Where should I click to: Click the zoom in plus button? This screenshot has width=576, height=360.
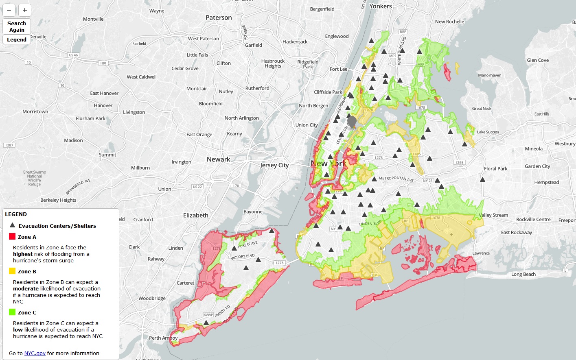[25, 10]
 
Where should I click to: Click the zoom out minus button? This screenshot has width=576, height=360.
[9, 10]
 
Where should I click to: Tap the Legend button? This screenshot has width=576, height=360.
[17, 39]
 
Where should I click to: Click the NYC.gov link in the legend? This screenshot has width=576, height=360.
[35, 353]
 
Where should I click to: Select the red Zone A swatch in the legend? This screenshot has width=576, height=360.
[12, 236]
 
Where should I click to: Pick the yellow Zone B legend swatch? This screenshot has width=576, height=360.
[12, 271]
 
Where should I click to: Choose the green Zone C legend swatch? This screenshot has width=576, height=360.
[12, 312]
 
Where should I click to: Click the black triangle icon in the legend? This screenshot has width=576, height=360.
[12, 225]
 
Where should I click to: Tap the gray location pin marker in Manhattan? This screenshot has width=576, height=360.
[352, 122]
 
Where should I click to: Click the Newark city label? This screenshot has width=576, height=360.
[218, 159]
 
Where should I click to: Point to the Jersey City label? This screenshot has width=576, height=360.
[274, 165]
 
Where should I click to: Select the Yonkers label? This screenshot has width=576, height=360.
[380, 6]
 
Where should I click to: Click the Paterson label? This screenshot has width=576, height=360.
[219, 17]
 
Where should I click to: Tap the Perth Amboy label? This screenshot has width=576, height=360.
[163, 338]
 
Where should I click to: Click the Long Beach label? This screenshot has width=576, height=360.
[523, 274]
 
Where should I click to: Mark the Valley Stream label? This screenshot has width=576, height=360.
[493, 215]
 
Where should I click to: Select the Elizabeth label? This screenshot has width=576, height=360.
[195, 215]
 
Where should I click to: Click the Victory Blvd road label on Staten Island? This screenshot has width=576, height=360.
[243, 257]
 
